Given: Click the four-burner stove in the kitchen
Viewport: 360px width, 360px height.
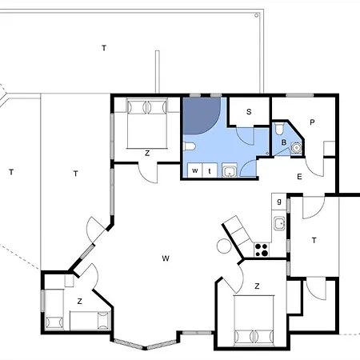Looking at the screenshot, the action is (x=262, y=250).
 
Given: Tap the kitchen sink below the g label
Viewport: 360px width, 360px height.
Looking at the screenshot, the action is (x=279, y=223).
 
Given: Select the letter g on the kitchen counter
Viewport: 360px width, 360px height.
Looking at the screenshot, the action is (x=279, y=201).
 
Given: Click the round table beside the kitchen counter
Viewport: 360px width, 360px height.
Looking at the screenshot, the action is (x=224, y=246).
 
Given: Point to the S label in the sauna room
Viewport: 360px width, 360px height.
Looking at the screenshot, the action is (x=249, y=111).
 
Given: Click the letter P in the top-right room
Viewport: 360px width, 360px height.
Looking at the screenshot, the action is (x=312, y=122).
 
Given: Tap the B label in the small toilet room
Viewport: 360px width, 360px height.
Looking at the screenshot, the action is (x=284, y=142).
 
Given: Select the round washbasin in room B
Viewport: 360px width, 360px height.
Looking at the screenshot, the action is (x=296, y=147).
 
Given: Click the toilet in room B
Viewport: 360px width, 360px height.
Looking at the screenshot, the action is (x=279, y=129).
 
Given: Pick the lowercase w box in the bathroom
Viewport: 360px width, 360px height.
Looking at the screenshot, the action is (x=195, y=170).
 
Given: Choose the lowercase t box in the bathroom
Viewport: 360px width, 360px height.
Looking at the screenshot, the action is (x=210, y=170).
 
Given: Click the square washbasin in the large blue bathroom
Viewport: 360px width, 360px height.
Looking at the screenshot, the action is (x=230, y=170).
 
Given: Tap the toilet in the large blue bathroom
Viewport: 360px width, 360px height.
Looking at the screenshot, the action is (x=190, y=146).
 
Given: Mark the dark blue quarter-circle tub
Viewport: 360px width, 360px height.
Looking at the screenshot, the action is (x=198, y=114).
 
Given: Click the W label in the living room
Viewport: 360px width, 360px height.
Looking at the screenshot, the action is (x=166, y=258).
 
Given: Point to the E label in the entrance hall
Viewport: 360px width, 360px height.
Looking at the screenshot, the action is (x=299, y=177).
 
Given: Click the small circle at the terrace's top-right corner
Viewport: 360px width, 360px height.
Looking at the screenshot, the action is (x=256, y=15).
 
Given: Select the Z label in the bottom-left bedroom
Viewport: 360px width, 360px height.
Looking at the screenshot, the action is (x=79, y=302).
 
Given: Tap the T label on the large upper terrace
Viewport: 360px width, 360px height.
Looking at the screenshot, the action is (x=104, y=48).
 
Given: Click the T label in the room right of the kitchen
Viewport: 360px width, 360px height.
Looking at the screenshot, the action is (x=314, y=240).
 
